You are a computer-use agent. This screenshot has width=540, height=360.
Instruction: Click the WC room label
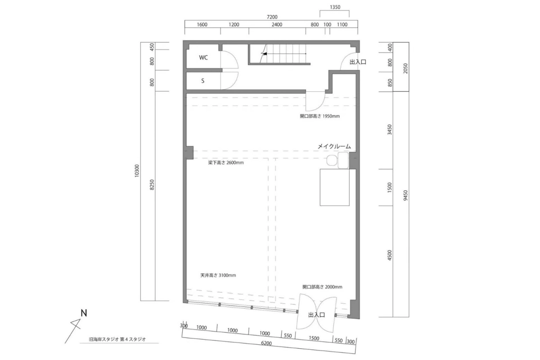(203, 58)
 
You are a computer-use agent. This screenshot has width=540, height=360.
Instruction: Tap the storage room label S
(203, 81)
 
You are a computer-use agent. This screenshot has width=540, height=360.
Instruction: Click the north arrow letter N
(84, 313)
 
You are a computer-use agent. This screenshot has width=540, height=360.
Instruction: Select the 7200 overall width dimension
(272, 17)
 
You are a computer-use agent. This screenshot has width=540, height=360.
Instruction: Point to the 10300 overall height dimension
(137, 171)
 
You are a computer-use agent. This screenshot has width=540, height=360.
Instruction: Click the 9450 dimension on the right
(405, 195)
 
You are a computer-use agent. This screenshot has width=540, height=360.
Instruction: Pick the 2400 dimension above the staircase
(277, 25)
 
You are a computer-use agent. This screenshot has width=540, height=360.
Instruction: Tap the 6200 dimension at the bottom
(266, 343)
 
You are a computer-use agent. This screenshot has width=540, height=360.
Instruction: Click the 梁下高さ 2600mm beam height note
(226, 163)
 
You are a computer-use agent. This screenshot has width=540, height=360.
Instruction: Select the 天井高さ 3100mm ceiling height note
(218, 275)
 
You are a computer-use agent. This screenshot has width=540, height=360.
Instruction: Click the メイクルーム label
(334, 146)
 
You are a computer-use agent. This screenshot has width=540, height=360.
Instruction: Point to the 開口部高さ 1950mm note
(319, 116)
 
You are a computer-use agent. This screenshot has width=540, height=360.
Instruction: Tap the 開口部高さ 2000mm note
(322, 287)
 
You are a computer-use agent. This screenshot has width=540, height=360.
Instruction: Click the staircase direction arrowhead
(265, 54)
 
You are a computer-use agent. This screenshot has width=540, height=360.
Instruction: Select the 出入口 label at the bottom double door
(316, 315)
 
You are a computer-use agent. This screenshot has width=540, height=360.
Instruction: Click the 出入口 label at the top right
(358, 62)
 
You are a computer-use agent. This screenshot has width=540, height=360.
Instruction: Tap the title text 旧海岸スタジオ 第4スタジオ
(117, 339)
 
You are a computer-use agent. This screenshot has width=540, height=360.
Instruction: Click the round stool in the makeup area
(332, 160)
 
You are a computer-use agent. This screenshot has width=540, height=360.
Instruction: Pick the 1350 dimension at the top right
(335, 7)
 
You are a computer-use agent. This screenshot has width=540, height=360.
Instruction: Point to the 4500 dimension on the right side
(390, 255)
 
